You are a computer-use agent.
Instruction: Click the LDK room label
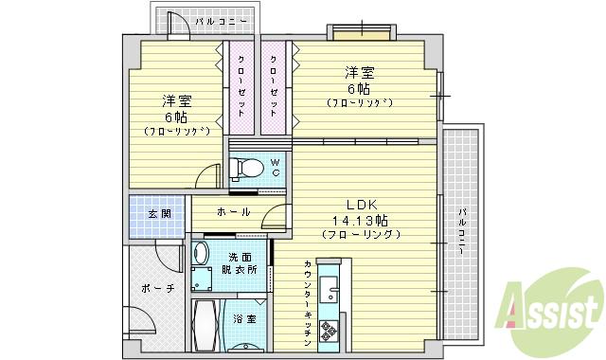click(362, 206)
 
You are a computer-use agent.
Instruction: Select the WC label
click(276, 167)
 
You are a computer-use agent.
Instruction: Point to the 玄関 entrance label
click(158, 213)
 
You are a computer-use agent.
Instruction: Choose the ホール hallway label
click(233, 212)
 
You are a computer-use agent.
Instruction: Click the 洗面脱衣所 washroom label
click(240, 263)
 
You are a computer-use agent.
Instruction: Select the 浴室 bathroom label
click(244, 319)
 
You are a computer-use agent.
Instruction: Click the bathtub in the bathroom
click(205, 326)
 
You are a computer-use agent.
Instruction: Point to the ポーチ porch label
click(157, 288)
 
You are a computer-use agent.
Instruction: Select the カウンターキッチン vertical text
click(309, 294)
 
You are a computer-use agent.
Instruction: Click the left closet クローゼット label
click(241, 85)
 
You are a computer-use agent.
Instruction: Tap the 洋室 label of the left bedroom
click(172, 100)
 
